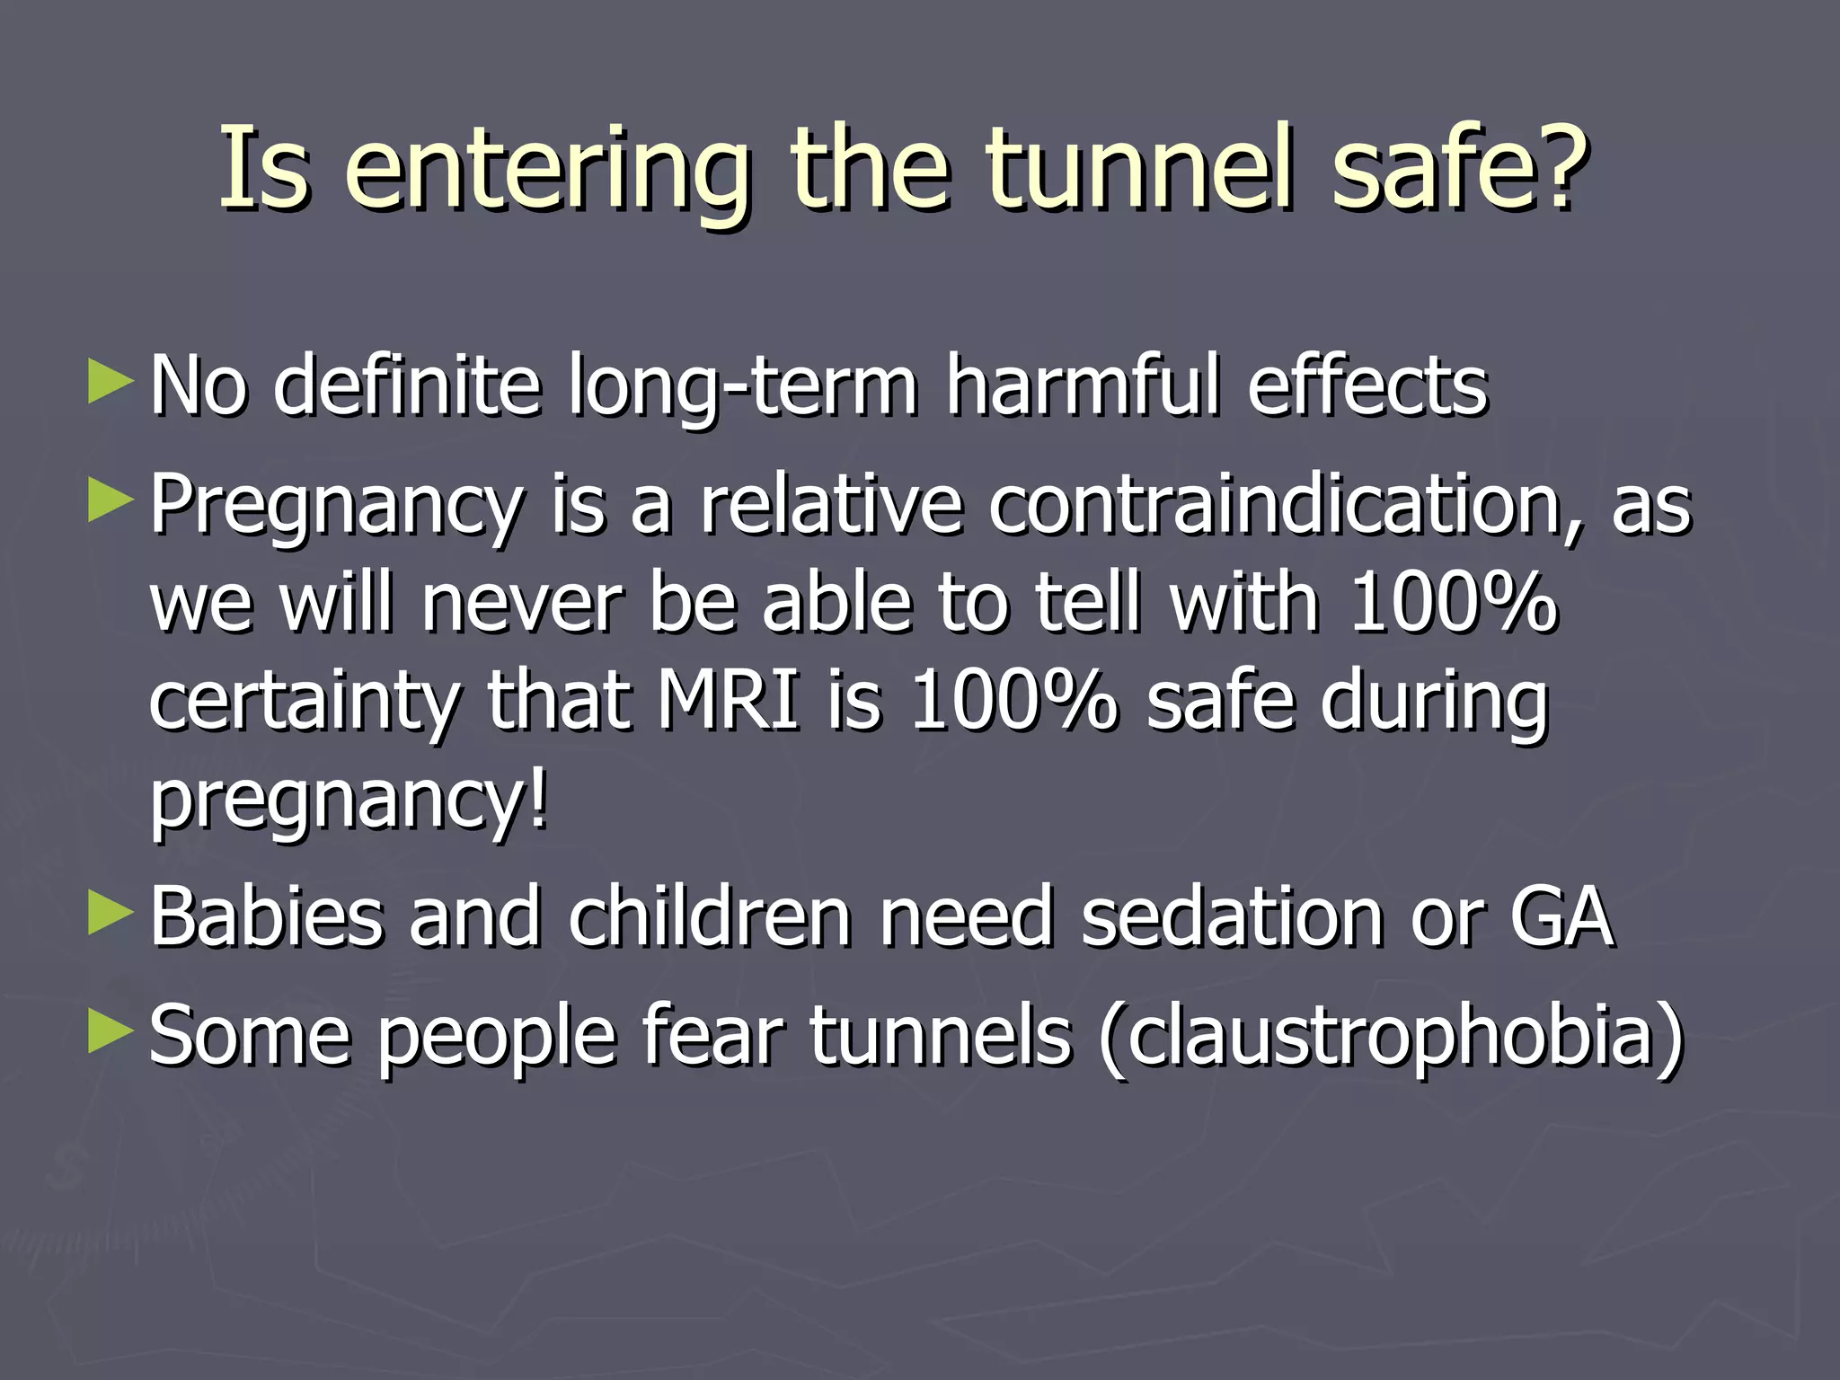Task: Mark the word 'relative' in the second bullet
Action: [831, 504]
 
